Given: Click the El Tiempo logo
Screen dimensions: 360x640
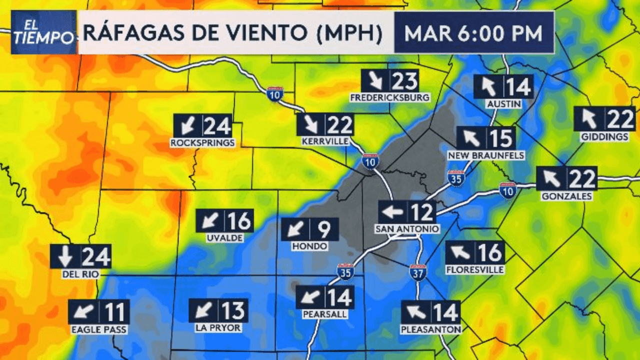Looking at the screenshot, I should pyautogui.click(x=43, y=32).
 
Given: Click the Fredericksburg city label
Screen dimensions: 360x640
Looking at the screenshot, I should pyautogui.click(x=390, y=97).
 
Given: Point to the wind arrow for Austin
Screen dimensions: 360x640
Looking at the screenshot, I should pyautogui.click(x=488, y=87).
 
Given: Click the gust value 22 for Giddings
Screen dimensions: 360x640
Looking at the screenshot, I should pyautogui.click(x=620, y=119).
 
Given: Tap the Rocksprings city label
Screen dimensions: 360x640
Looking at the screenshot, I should pyautogui.click(x=202, y=143).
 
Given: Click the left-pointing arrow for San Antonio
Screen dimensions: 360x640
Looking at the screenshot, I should pyautogui.click(x=392, y=213).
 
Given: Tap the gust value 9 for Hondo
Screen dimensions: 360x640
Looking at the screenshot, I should pyautogui.click(x=324, y=230).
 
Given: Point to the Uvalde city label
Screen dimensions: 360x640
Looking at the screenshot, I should pyautogui.click(x=224, y=238).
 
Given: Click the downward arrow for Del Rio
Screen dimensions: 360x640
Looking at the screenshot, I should pyautogui.click(x=65, y=257).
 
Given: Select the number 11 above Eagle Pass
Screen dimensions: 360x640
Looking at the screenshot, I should pyautogui.click(x=115, y=312).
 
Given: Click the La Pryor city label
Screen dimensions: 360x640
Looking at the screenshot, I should pyautogui.click(x=218, y=328).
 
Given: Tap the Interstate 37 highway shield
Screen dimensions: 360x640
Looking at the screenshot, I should pyautogui.click(x=418, y=272).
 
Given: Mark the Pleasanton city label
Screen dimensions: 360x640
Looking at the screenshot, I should pyautogui.click(x=430, y=329).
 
